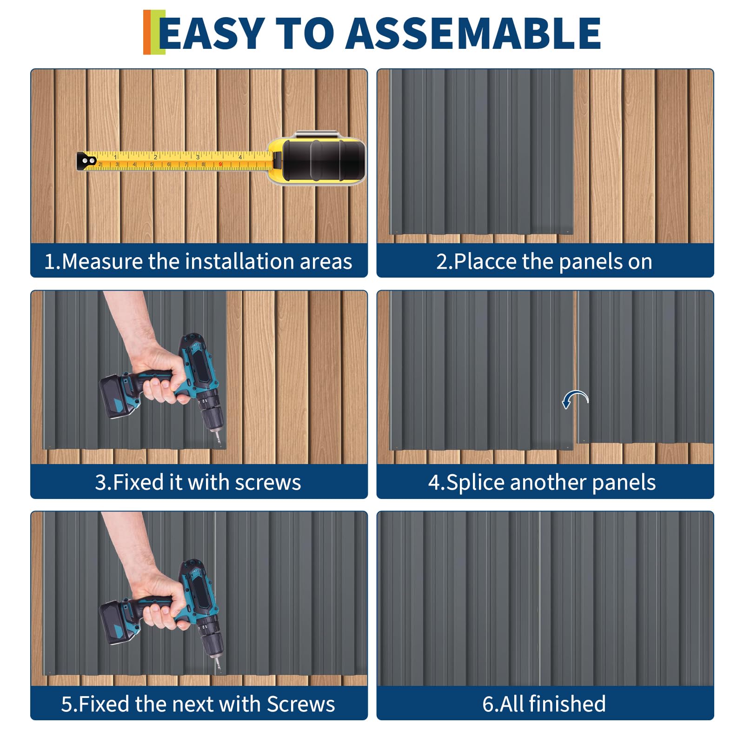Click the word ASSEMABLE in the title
(x=473, y=33)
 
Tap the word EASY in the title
(x=212, y=33)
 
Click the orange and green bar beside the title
(x=154, y=32)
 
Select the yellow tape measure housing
(x=316, y=158)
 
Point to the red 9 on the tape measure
(x=220, y=165)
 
